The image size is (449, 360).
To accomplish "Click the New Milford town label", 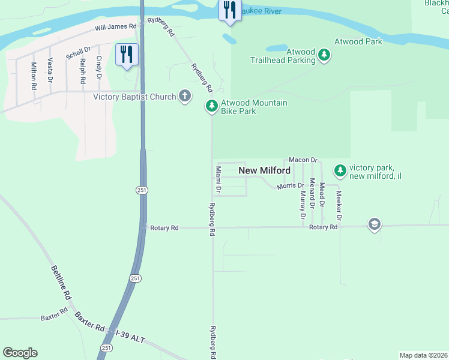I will pyautogui.click(x=265, y=170).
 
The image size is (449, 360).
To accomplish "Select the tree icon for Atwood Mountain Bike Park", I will pyautogui.click(x=211, y=106).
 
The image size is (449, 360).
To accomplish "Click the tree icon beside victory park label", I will pyautogui.click(x=340, y=171).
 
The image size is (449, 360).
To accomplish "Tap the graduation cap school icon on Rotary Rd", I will pyautogui.click(x=375, y=224).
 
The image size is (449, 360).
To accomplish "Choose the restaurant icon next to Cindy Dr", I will pyautogui.click(x=127, y=54).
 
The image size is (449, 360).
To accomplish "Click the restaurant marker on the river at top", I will pyautogui.click(x=230, y=10).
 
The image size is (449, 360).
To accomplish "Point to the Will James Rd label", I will pyautogui.click(x=115, y=28).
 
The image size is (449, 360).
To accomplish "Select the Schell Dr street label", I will pyautogui.click(x=78, y=53).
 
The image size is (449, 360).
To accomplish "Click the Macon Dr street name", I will pyautogui.click(x=303, y=160).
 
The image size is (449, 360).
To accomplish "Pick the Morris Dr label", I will pyautogui.click(x=291, y=187).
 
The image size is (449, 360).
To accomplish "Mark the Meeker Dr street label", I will pyautogui.click(x=339, y=206).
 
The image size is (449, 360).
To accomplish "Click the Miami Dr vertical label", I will pyautogui.click(x=218, y=181).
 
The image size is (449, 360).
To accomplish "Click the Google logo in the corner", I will pyautogui.click(x=20, y=353).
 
